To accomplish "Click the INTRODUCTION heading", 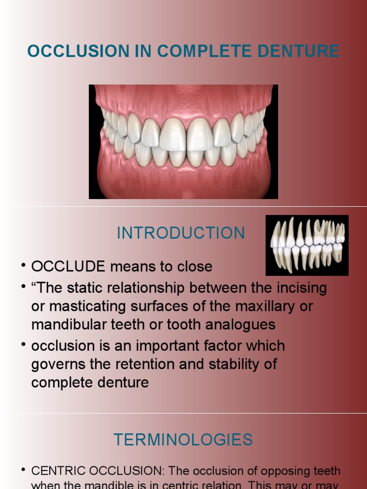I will [x=181, y=233].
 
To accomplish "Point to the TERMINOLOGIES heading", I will [x=183, y=439].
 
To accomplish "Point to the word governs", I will [x=61, y=364].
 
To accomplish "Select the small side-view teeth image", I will [x=307, y=245].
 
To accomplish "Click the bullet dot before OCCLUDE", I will [x=23, y=265].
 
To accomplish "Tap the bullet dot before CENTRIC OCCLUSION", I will [x=23, y=470].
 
